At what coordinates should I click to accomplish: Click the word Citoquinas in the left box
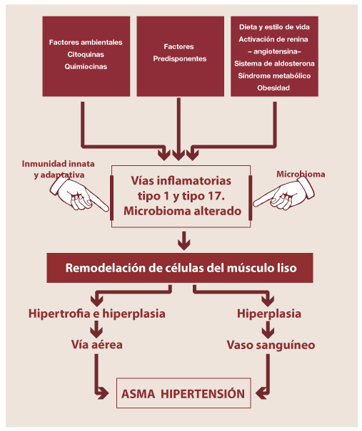click(x=86, y=54)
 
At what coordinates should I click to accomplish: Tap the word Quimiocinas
click(x=86, y=66)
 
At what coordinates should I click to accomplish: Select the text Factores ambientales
click(x=86, y=42)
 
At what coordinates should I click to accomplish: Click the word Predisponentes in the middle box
click(x=180, y=59)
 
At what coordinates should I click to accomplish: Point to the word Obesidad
click(x=273, y=88)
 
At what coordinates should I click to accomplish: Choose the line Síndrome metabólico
click(x=274, y=76)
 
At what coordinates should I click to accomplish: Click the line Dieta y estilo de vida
click(x=274, y=27)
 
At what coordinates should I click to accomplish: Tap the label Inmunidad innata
click(x=58, y=164)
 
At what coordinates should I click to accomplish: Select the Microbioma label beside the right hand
click(x=301, y=174)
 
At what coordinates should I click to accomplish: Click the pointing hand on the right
click(x=283, y=194)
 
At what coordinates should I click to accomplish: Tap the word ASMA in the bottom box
click(x=138, y=394)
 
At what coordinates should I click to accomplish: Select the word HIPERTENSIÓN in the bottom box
click(x=203, y=394)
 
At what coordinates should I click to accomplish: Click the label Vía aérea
click(x=96, y=345)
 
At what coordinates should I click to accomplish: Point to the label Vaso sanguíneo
click(x=271, y=346)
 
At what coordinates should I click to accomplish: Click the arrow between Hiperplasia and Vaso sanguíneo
click(x=268, y=330)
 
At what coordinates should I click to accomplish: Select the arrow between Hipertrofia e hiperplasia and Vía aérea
click(x=96, y=329)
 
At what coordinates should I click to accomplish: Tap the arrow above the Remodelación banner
click(x=183, y=241)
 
